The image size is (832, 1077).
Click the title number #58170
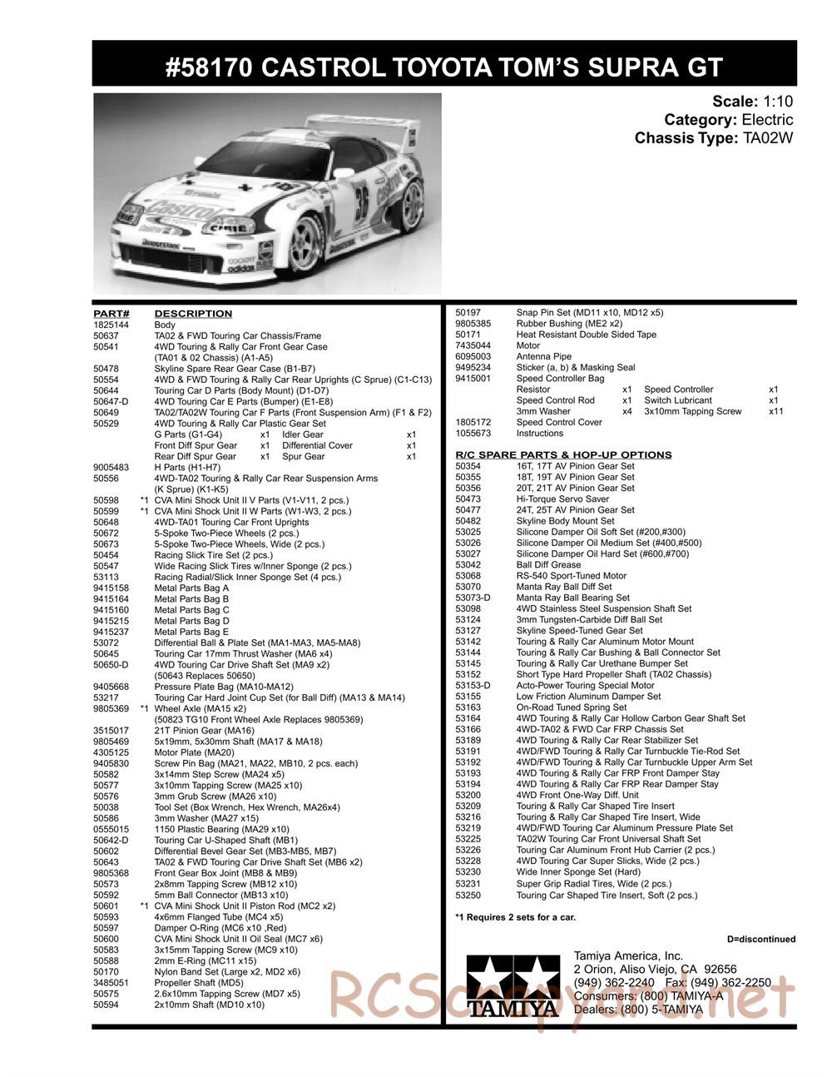(x=208, y=67)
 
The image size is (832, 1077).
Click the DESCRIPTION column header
(x=193, y=314)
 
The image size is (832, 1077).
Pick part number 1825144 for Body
(x=111, y=325)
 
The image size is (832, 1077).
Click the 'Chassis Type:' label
(x=685, y=138)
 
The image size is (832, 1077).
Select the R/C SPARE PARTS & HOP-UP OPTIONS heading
(x=563, y=454)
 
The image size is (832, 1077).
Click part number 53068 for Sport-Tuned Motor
(x=468, y=576)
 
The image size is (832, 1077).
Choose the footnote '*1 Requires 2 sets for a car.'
(x=515, y=917)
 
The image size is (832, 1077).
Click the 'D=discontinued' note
(x=760, y=939)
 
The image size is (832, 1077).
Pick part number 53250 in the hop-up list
(x=468, y=895)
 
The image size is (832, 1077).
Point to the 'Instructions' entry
(x=540, y=433)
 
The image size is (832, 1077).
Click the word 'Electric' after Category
(x=766, y=120)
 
